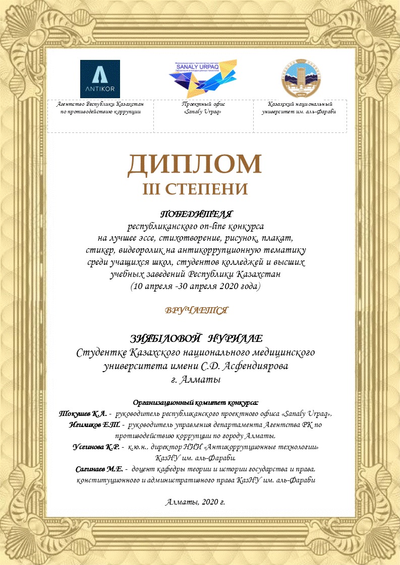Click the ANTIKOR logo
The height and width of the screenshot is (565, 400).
click(100, 79)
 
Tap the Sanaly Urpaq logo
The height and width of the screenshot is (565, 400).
click(200, 77)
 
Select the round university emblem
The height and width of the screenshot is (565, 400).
click(299, 78)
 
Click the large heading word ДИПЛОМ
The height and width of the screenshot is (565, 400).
click(195, 164)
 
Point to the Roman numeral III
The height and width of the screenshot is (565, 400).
click(151, 189)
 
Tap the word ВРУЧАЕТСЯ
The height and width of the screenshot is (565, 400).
click(196, 310)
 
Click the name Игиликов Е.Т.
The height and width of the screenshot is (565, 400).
click(94, 425)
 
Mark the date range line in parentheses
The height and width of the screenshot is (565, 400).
click(196, 287)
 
